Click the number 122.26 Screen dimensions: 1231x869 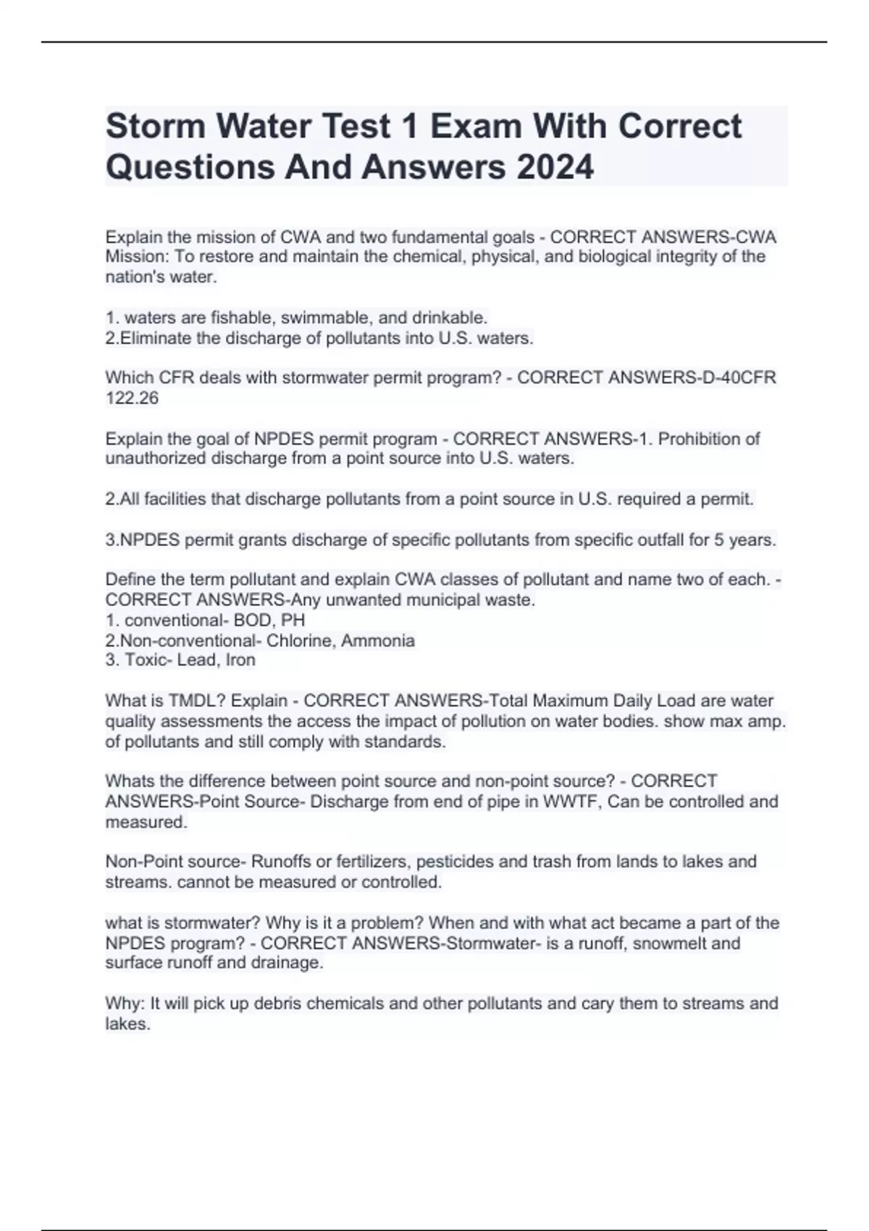132,398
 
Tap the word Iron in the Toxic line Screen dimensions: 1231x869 240,660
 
